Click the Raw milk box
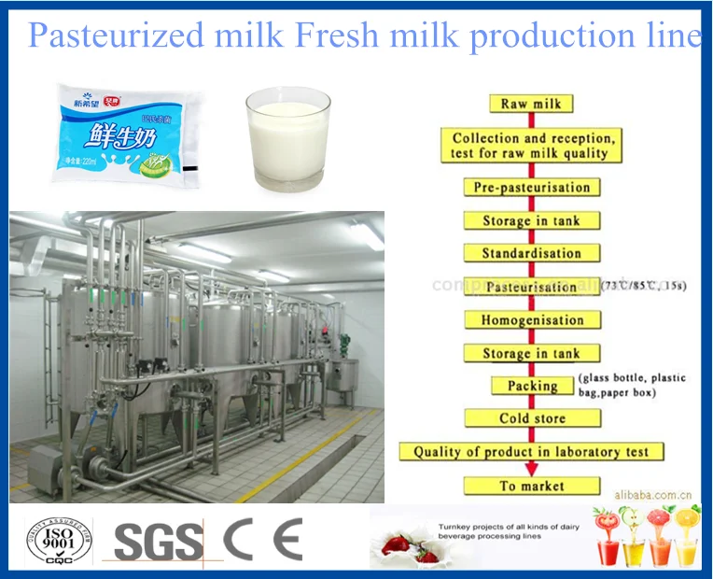[x=531, y=104]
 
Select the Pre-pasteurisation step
[x=531, y=187]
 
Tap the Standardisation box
[x=531, y=253]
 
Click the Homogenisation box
[x=532, y=320]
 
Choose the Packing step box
[x=532, y=386]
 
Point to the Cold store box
[x=532, y=418]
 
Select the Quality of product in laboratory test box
[x=531, y=452]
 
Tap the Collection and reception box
[x=530, y=145]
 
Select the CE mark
[x=262, y=539]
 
